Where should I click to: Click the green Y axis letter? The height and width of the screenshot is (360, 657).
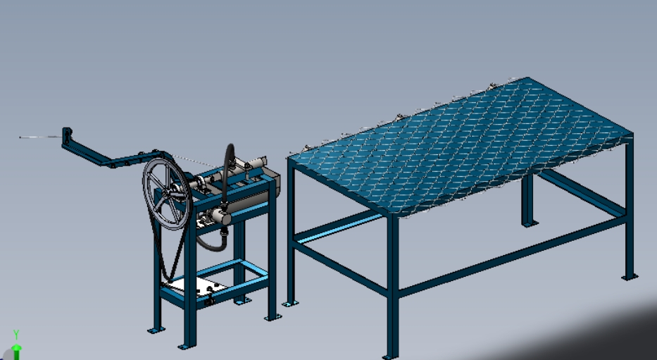click(x=16, y=334)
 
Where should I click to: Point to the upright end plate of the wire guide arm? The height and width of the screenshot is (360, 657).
click(x=67, y=136)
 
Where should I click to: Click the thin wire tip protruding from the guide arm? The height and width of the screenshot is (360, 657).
click(x=41, y=137)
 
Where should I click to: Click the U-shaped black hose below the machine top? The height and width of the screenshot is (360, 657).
click(x=211, y=244)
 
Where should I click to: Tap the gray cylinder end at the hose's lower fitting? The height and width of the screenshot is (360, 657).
click(x=220, y=216)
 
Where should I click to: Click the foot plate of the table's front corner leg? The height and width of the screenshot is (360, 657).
click(x=390, y=357)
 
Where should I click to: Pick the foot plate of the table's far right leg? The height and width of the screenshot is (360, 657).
click(x=630, y=277)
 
